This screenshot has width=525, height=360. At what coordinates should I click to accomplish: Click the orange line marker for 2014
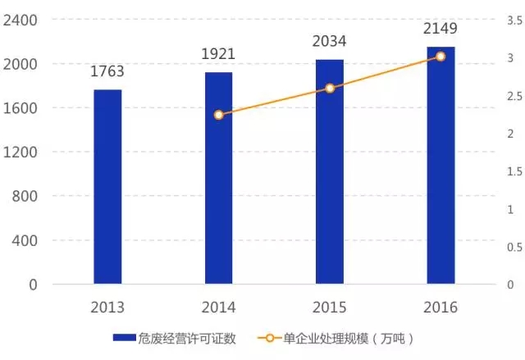point(218,115)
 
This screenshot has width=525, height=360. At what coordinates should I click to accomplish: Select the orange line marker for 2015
point(330,88)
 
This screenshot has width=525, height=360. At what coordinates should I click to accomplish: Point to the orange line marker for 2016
point(441,57)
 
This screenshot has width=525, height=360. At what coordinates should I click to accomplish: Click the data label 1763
point(107,72)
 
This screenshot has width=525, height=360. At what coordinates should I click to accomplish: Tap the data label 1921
point(218,54)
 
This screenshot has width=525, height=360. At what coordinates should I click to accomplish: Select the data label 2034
point(330,41)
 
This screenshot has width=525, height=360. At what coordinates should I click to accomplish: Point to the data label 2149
point(441,29)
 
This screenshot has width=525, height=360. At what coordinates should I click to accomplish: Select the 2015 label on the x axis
point(330,308)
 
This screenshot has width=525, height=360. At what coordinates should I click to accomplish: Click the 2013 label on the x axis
point(107,308)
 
